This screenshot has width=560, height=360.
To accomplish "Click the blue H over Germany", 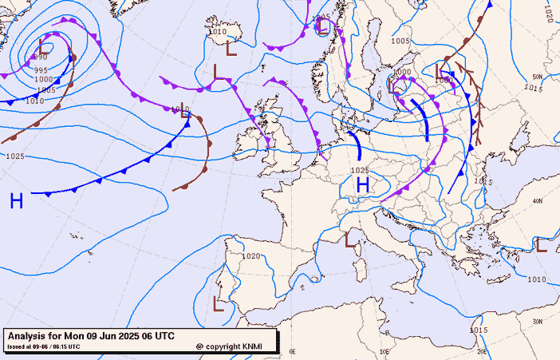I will click(362, 185).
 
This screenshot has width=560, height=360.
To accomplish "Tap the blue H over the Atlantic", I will click(16, 201).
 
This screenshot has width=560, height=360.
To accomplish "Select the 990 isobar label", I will click(41, 57).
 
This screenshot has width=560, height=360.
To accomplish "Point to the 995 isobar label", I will click(41, 70).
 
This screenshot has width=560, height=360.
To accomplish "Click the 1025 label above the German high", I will click(360, 170).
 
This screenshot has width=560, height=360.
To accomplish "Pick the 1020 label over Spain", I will click(251, 256).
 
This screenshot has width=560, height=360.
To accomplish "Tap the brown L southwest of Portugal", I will click(218, 303).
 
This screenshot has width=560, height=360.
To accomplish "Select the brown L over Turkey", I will click(541, 245).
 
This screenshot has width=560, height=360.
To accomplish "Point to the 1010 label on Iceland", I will click(217, 33).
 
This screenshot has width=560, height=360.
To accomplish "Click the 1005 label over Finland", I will click(400, 41).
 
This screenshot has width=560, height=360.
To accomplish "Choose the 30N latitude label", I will click(538, 322).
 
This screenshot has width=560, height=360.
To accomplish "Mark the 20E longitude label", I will click(481, 351).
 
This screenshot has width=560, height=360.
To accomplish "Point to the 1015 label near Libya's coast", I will click(479, 330).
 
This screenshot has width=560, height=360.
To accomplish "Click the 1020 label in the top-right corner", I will click(549, 14).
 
